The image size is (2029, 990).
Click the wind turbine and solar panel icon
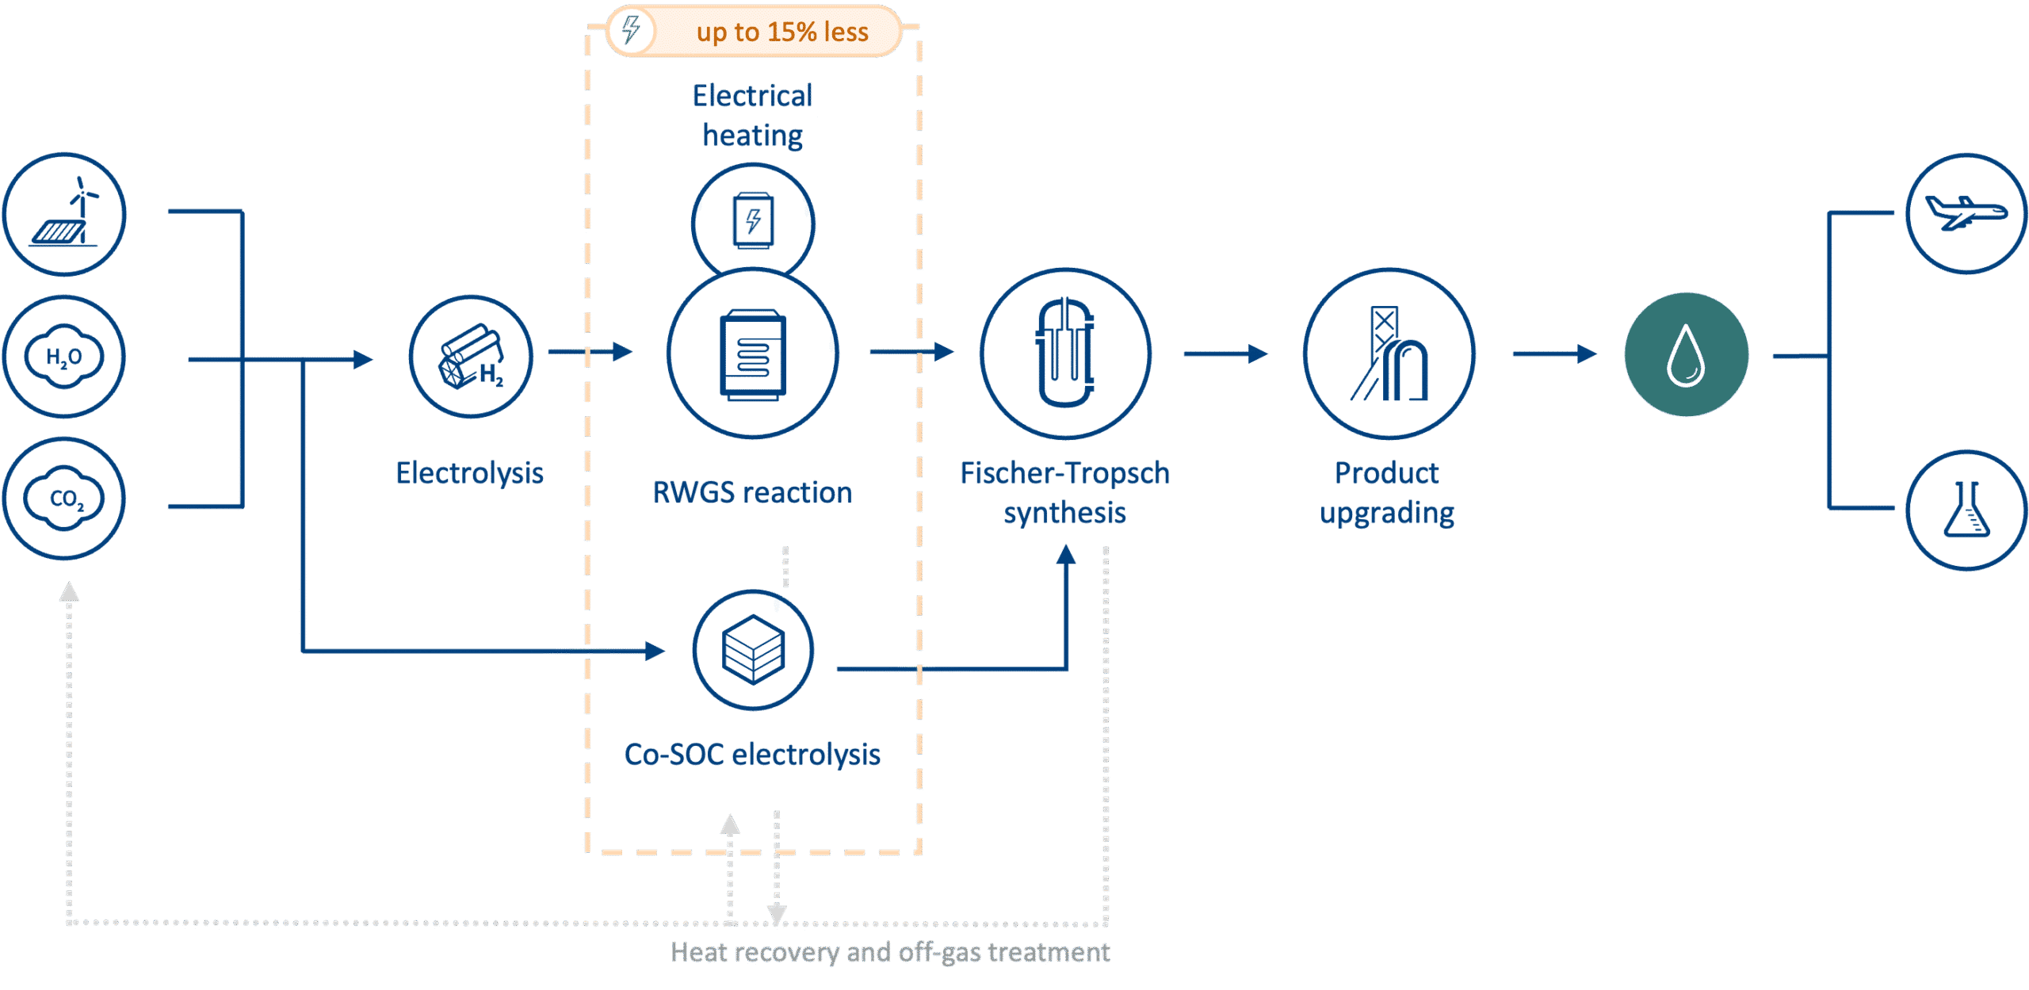[x=64, y=214]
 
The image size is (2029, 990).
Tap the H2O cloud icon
[x=64, y=357]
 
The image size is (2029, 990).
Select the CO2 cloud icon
[x=64, y=499]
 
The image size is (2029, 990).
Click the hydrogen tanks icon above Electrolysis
[x=472, y=357]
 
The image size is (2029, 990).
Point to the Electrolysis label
[x=469, y=473]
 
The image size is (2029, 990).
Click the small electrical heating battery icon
[x=753, y=220]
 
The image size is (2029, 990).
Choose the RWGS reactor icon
[x=753, y=354]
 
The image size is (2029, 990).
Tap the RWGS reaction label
[x=752, y=493]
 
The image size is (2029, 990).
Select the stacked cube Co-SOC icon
[x=753, y=650]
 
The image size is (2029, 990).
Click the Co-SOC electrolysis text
[x=752, y=755]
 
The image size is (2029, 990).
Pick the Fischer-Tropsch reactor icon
[x=1066, y=354]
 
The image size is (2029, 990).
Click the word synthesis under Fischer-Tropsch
[x=1064, y=513]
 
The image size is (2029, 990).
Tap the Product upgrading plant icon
[x=1389, y=354]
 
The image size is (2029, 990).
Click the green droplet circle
[x=1686, y=355]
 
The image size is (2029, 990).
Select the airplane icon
[x=1966, y=213]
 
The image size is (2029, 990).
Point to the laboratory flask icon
[x=1966, y=510]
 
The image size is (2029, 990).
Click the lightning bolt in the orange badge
[x=631, y=31]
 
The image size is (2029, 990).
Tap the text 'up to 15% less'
[x=782, y=32]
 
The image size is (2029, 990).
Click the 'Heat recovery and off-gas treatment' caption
[x=890, y=951]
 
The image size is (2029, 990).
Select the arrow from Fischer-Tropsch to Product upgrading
[x=1225, y=354]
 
